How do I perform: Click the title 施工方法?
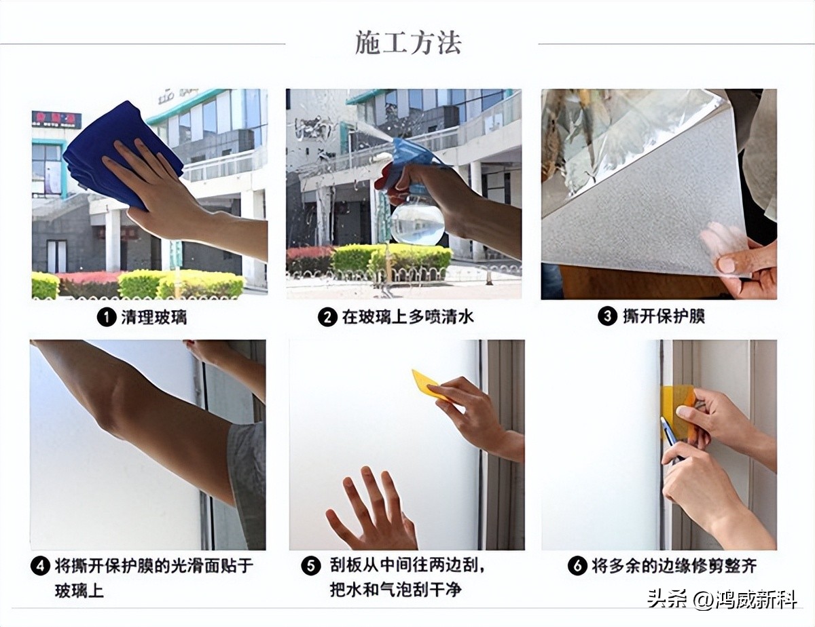tap(408, 43)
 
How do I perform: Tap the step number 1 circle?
tap(106, 317)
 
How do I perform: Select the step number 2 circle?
tap(328, 317)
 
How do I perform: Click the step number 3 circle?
tap(607, 316)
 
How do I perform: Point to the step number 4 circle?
tap(40, 566)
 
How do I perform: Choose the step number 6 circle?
tap(577, 566)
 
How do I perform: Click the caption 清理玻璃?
tap(154, 317)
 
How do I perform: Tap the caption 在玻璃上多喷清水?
tap(408, 317)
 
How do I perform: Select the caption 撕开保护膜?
tap(664, 316)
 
